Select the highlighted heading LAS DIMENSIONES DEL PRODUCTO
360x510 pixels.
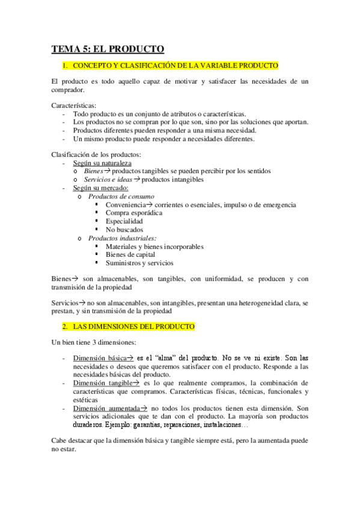133,327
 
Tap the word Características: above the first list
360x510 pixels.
74,105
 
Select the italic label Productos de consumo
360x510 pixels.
121,197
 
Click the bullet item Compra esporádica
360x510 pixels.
133,213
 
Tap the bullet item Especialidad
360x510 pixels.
124,221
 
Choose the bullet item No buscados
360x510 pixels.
124,230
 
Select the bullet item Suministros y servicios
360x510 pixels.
139,263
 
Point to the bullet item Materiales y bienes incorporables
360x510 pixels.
154,247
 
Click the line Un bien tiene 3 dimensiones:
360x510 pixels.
94,342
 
